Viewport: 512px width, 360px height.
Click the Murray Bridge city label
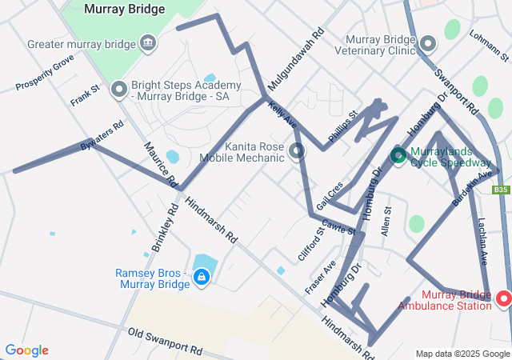tap(124, 10)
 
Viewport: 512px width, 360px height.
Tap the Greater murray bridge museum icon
tap(148, 42)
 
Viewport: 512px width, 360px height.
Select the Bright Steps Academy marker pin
tap(119, 89)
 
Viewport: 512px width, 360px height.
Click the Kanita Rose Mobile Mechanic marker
tap(298, 150)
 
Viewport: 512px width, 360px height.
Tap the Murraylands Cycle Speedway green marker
tap(398, 154)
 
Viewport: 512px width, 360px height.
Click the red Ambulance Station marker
tap(504, 299)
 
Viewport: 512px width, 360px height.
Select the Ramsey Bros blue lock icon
tap(202, 278)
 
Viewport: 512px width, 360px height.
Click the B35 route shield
tap(500, 190)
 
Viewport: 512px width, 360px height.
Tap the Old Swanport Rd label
tap(164, 341)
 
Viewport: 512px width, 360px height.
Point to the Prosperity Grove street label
tap(45, 72)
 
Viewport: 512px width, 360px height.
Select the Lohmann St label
tap(490, 46)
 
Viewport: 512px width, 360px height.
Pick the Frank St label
tap(83, 96)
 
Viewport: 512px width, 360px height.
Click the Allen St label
tap(386, 221)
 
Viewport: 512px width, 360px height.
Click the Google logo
tap(27, 350)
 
